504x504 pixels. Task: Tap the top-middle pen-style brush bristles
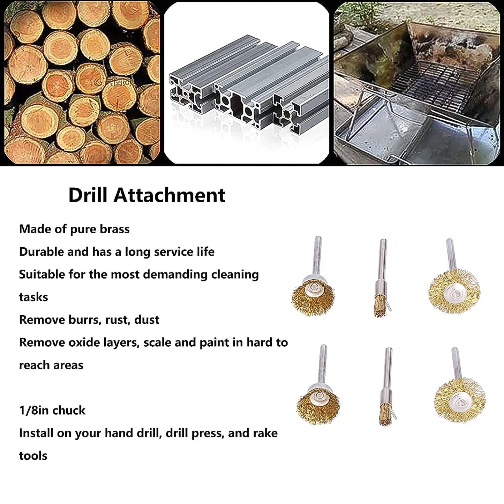380,306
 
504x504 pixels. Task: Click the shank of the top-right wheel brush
450,255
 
